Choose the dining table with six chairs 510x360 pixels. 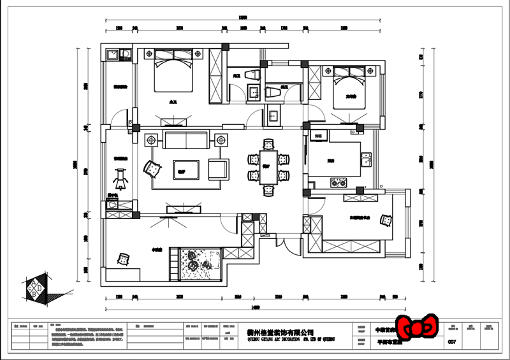point(268,168)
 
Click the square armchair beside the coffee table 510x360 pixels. point(219,168)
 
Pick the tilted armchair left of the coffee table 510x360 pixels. point(153,168)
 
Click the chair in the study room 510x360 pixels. point(386,219)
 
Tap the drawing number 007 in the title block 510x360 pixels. point(453,342)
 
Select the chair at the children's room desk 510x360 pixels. point(124,259)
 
